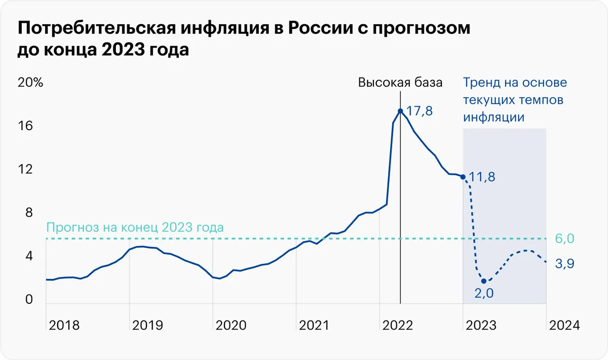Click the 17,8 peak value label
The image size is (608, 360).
click(x=420, y=111)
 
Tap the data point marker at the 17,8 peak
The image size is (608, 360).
click(x=400, y=111)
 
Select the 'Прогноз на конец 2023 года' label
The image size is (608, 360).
click(x=134, y=227)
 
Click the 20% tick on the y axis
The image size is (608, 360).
click(x=30, y=83)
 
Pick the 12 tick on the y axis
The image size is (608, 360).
click(x=25, y=169)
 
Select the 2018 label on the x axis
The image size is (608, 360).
click(x=64, y=325)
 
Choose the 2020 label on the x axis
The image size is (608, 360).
click(x=231, y=325)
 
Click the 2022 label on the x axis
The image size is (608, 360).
click(x=398, y=325)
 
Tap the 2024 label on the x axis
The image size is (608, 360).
click(x=562, y=325)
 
